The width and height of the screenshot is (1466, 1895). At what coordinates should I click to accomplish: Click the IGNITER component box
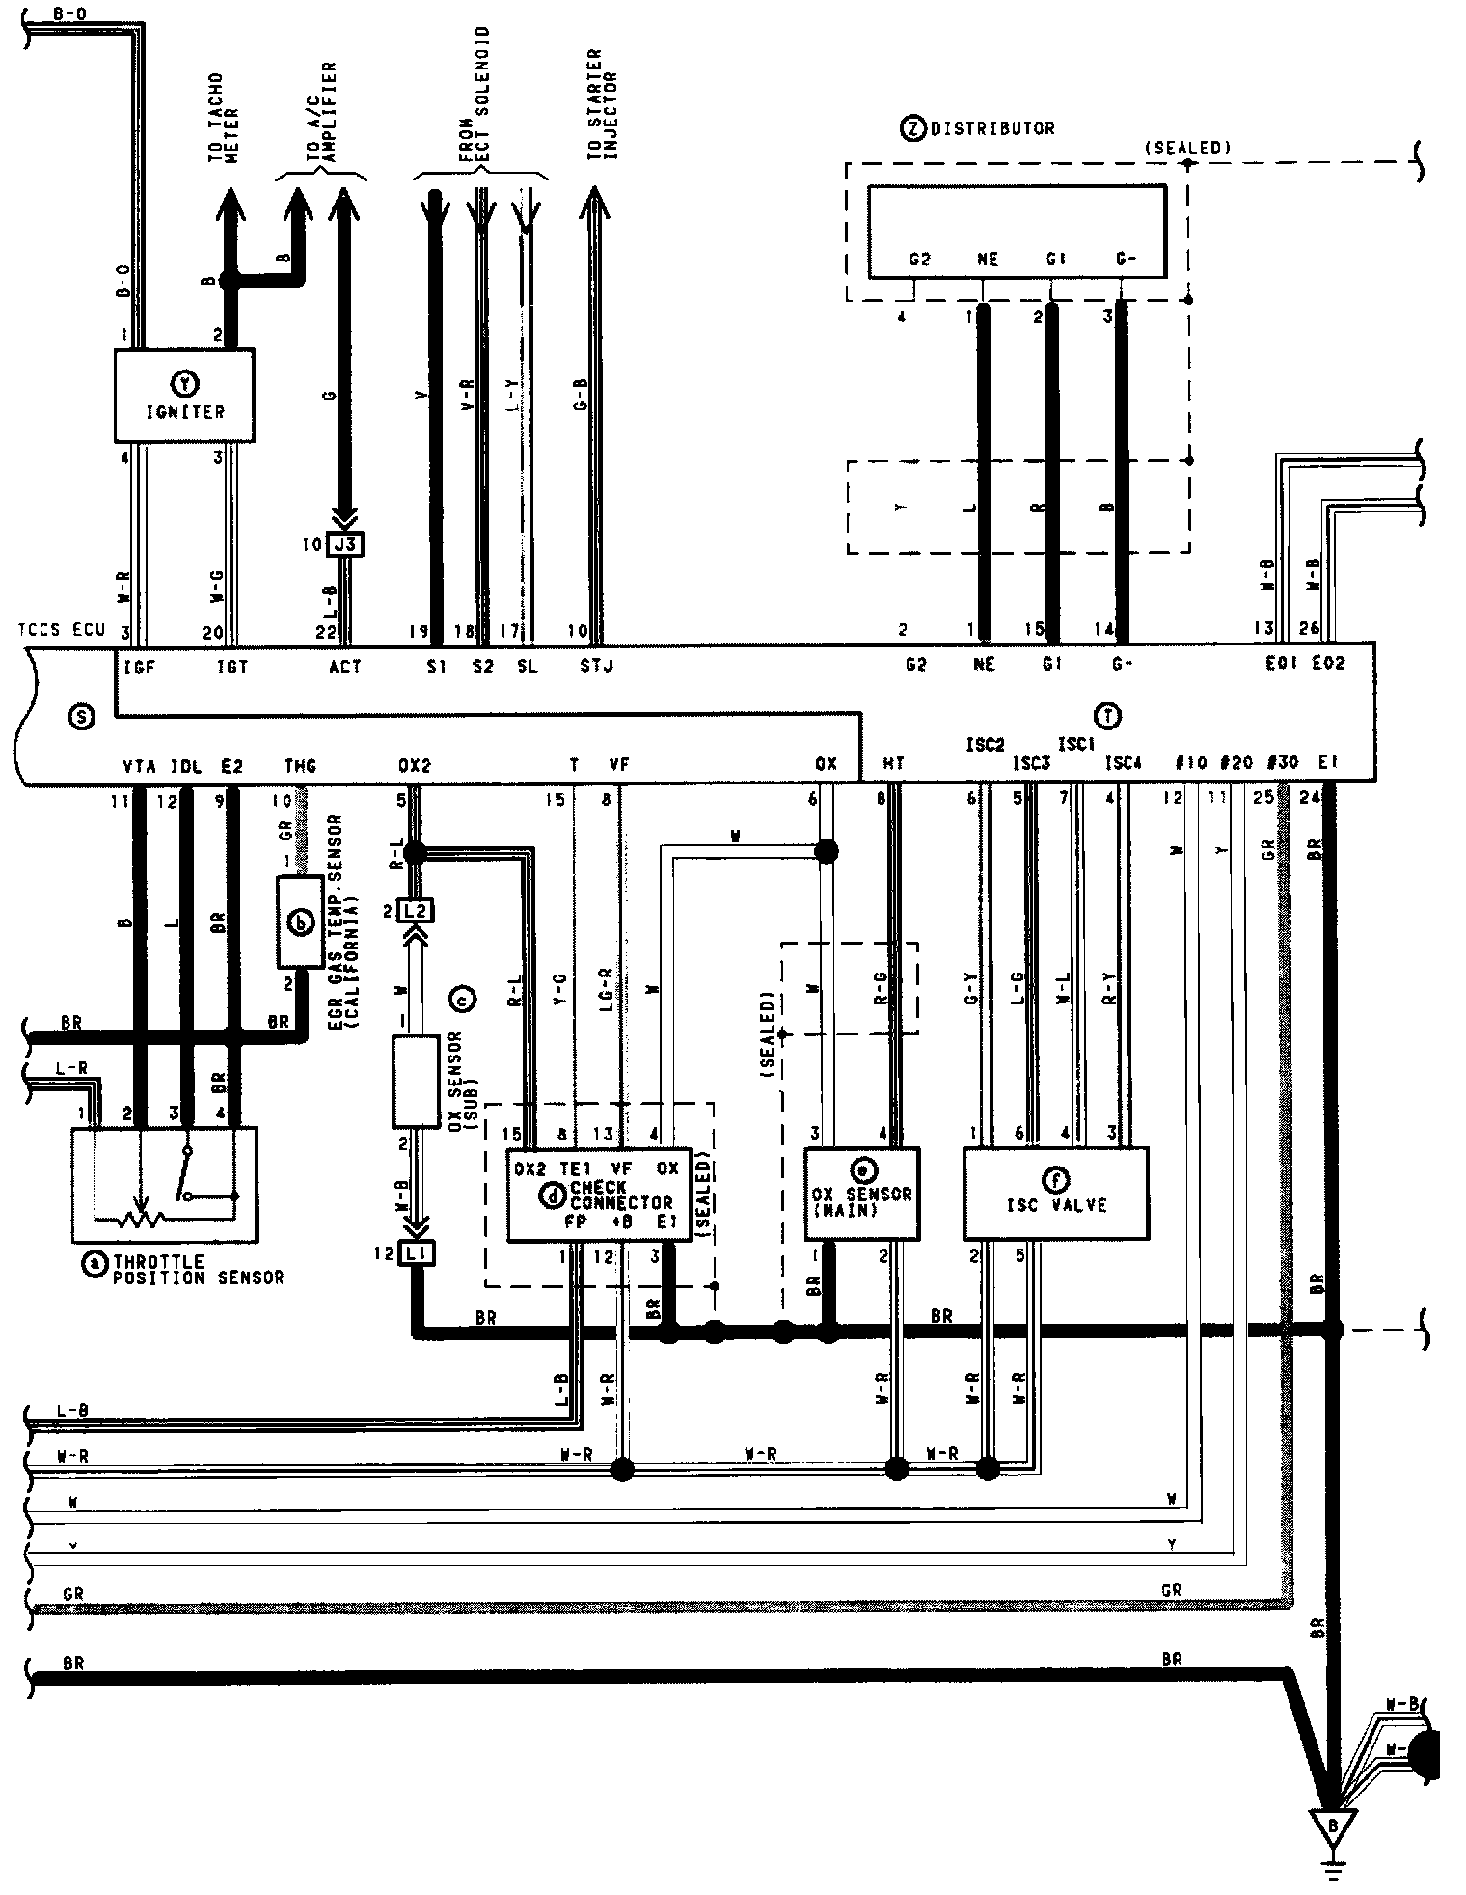(x=184, y=396)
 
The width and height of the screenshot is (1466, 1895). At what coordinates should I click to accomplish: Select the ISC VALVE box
(x=1055, y=1193)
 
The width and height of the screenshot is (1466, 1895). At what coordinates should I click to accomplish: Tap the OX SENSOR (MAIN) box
(x=861, y=1193)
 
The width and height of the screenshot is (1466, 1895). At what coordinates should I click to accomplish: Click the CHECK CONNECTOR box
(x=599, y=1195)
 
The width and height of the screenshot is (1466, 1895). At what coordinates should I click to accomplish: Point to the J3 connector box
(x=345, y=544)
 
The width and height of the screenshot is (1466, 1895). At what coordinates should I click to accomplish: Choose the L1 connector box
(x=417, y=1254)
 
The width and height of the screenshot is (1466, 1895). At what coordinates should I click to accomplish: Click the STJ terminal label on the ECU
(x=596, y=666)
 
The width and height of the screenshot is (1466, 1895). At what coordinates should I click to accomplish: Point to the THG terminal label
(x=300, y=766)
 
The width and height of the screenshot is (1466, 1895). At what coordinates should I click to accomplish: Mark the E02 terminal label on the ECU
(x=1328, y=663)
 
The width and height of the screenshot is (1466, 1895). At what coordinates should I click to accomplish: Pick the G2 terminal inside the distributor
(x=919, y=260)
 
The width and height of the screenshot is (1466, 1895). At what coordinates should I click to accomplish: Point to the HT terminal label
(x=893, y=764)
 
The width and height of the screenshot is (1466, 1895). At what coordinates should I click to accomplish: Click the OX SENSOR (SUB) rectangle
(x=416, y=1082)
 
